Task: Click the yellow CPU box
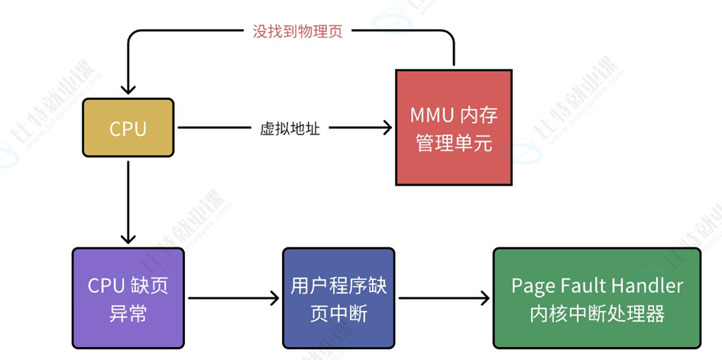128,128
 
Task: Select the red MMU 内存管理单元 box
454,128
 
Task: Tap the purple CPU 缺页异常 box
128,298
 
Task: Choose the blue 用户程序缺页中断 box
338,298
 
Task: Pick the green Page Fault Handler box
597,298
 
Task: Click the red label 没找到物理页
297,31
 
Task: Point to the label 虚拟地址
290,128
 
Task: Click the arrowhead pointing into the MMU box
387,128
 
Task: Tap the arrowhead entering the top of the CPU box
128,89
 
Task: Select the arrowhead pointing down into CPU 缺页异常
128,238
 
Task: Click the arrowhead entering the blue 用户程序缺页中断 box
274,298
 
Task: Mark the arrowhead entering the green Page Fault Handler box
484,298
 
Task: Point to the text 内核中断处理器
597,314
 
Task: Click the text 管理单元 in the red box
454,143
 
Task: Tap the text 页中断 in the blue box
338,314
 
